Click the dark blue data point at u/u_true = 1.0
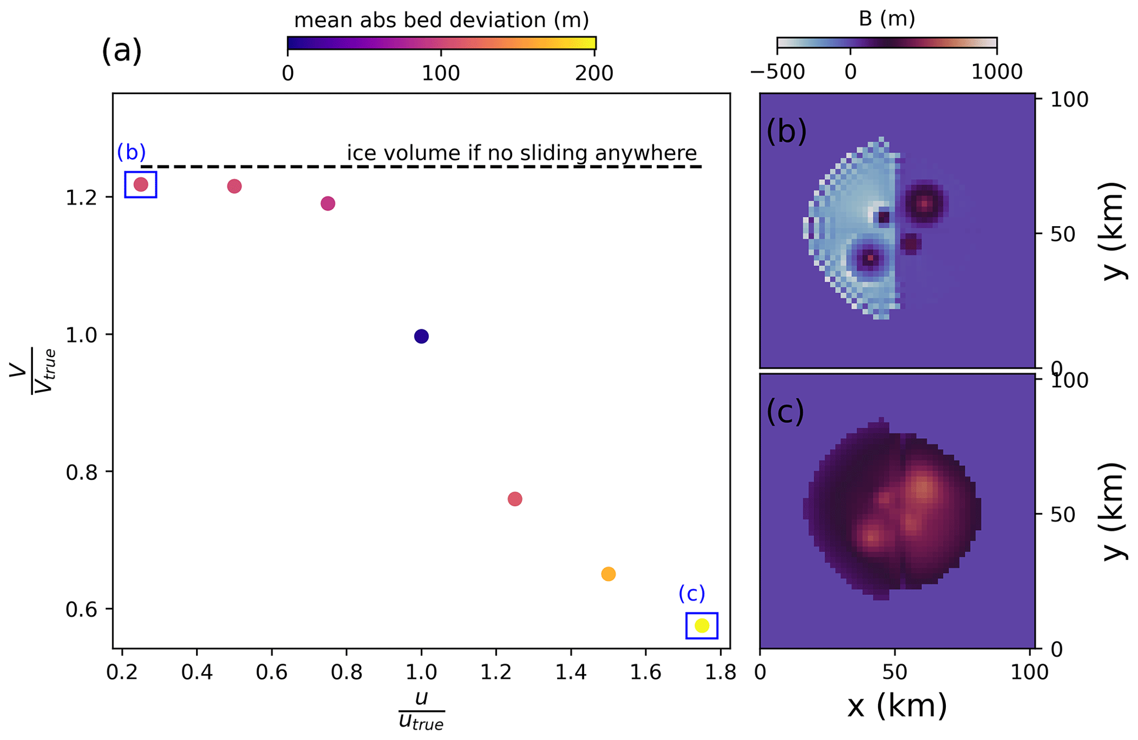click(x=421, y=336)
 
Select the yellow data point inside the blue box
click(x=701, y=626)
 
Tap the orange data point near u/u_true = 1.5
click(x=608, y=574)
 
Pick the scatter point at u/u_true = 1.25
click(x=515, y=499)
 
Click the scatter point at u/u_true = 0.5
click(x=235, y=187)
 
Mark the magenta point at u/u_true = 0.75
click(x=328, y=204)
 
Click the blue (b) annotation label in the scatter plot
click(x=132, y=152)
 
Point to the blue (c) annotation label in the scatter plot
click(x=691, y=594)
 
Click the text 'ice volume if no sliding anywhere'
click(x=521, y=153)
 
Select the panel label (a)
click(x=122, y=51)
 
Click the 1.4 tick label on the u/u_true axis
click(x=570, y=672)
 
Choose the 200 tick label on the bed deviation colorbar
click(x=594, y=73)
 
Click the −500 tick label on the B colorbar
click(x=777, y=72)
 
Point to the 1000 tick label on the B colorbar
click(x=997, y=72)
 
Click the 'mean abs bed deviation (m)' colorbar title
click(x=442, y=20)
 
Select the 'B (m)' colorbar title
click(x=886, y=19)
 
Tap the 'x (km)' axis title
click(x=897, y=706)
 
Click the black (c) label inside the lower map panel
click(x=785, y=412)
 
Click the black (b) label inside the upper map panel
click(x=786, y=132)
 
